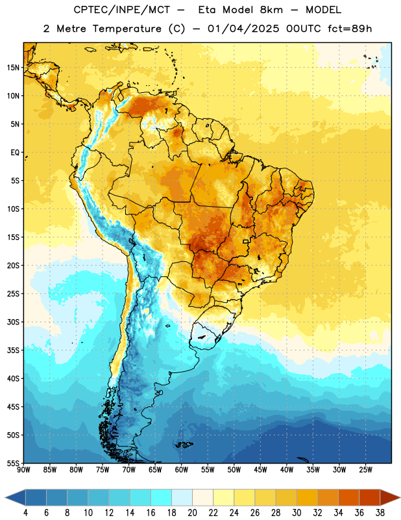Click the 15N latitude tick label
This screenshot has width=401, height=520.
(13, 68)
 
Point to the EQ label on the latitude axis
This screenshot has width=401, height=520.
(15, 153)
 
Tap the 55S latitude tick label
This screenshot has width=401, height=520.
(13, 463)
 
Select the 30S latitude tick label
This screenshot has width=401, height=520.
(13, 322)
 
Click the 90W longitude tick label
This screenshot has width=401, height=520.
(23, 470)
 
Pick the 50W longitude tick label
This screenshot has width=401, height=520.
(234, 470)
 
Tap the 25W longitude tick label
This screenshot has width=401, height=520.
(365, 470)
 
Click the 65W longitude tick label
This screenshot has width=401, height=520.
(155, 470)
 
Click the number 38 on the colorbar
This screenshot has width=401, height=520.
(380, 513)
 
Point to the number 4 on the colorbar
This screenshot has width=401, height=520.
(25, 513)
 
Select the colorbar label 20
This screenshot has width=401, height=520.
(192, 513)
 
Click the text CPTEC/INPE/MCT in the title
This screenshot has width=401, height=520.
(122, 10)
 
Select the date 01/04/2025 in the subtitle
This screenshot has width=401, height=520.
(243, 29)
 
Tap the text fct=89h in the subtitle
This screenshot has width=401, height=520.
(350, 29)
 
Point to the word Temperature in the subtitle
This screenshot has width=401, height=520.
(127, 29)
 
